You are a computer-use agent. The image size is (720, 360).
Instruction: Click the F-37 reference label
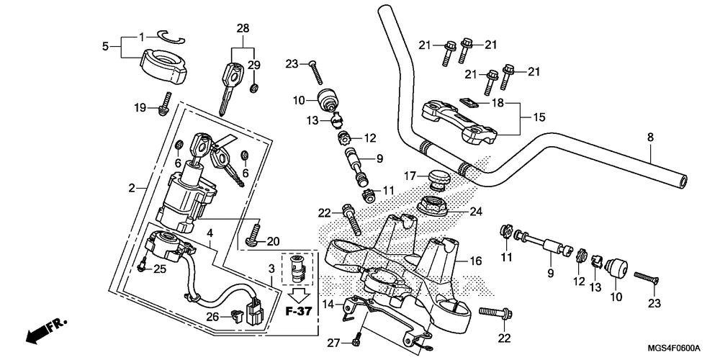tap(299, 311)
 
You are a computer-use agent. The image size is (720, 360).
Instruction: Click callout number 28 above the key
tap(243, 29)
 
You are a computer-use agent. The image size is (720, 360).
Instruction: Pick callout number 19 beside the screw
tap(140, 109)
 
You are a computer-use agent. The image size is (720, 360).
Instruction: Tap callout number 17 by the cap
tap(410, 176)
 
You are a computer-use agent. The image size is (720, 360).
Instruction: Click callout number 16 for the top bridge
tap(476, 261)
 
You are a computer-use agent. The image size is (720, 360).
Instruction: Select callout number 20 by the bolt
tap(273, 241)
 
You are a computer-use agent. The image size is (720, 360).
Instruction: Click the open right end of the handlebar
tap(683, 181)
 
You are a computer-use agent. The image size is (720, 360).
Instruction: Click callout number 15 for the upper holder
tap(539, 117)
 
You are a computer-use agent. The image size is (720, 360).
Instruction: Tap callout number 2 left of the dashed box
tap(132, 188)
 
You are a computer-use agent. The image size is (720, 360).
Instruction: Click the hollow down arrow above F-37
tap(299, 296)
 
